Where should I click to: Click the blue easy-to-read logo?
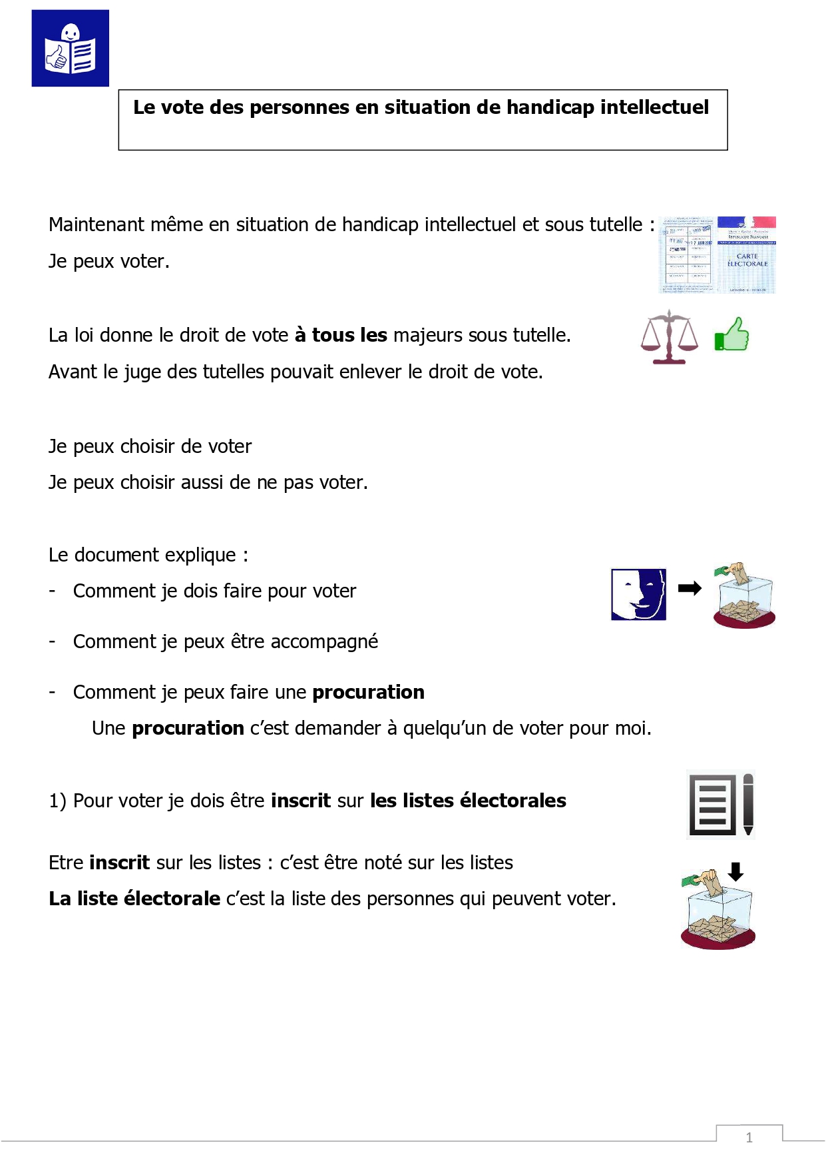(x=70, y=48)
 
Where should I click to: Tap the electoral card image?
(x=718, y=254)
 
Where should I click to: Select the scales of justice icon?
(x=669, y=337)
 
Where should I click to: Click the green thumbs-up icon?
(x=731, y=334)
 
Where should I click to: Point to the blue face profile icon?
(x=638, y=594)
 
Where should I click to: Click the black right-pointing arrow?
(x=690, y=588)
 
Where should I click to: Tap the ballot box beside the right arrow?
(x=744, y=595)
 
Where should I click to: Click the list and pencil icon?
(x=721, y=805)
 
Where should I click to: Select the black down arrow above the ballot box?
(x=735, y=871)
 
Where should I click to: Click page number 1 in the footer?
(x=749, y=1138)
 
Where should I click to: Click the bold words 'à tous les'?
(x=341, y=335)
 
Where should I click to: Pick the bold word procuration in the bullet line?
(x=368, y=692)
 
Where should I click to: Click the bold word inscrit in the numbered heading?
(x=301, y=801)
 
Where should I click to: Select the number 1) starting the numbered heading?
(x=57, y=801)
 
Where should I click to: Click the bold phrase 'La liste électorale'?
(x=134, y=899)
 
